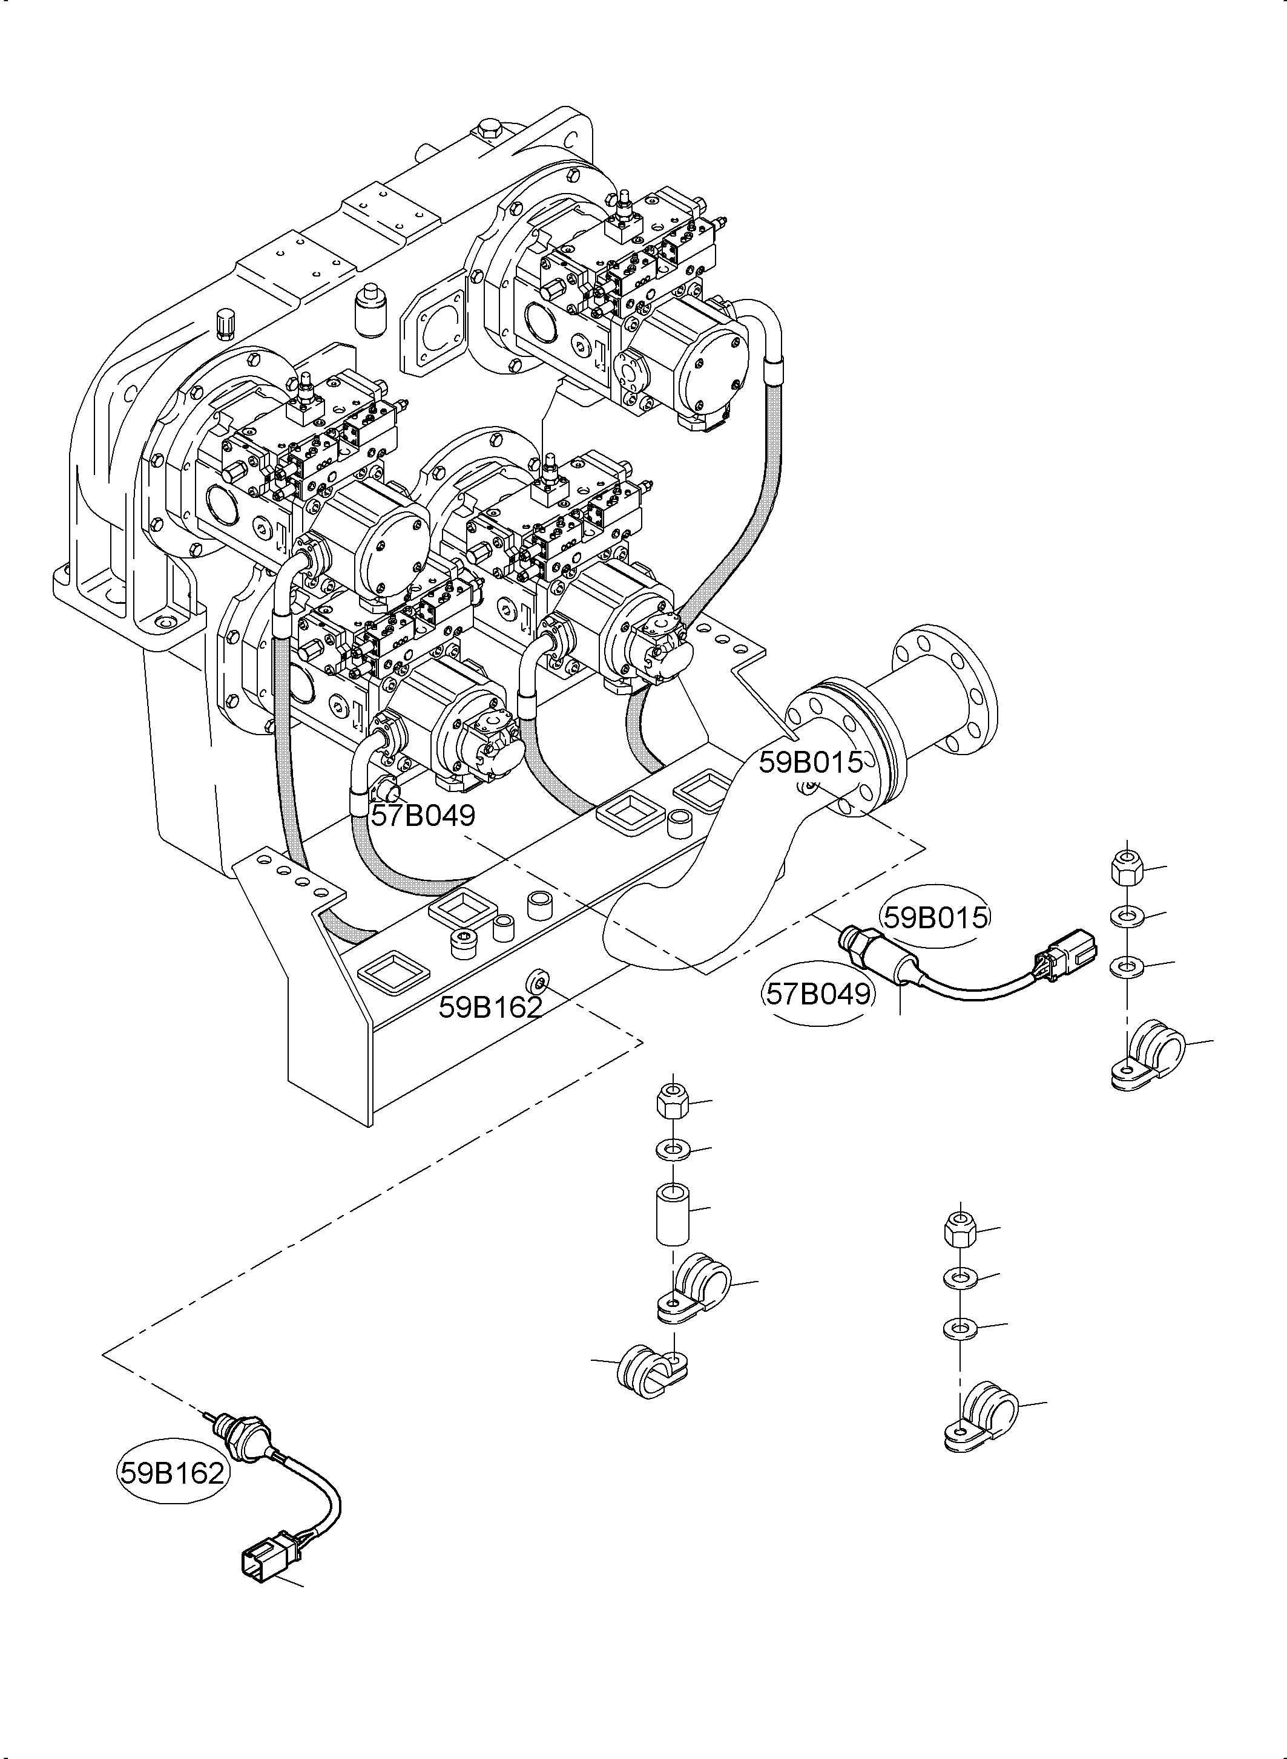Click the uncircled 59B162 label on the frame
pyautogui.click(x=489, y=1007)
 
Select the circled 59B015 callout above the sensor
pyautogui.click(x=935, y=918)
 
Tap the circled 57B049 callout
pyautogui.click(x=818, y=994)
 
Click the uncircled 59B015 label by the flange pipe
pyautogui.click(x=810, y=762)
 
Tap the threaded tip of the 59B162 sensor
pyautogui.click(x=209, y=1414)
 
